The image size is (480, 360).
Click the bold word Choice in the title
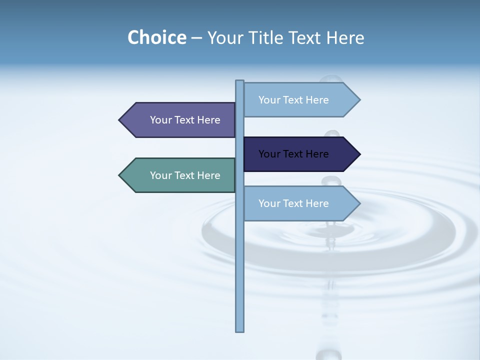(x=156, y=37)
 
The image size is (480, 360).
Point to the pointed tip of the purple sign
(x=120, y=120)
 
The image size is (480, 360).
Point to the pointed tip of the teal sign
(x=120, y=175)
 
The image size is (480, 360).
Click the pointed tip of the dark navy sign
(x=359, y=154)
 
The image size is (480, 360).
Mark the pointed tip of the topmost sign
(x=359, y=100)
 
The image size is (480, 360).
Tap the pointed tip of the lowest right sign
(x=359, y=203)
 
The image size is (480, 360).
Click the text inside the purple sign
(x=185, y=120)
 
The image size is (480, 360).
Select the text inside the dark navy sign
(x=293, y=154)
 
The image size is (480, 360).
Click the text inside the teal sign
(x=185, y=175)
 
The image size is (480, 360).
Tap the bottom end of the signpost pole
(x=240, y=330)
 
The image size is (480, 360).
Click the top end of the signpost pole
(x=240, y=82)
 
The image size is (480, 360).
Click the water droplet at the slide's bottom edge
(x=328, y=354)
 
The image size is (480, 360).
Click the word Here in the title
(x=345, y=37)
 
